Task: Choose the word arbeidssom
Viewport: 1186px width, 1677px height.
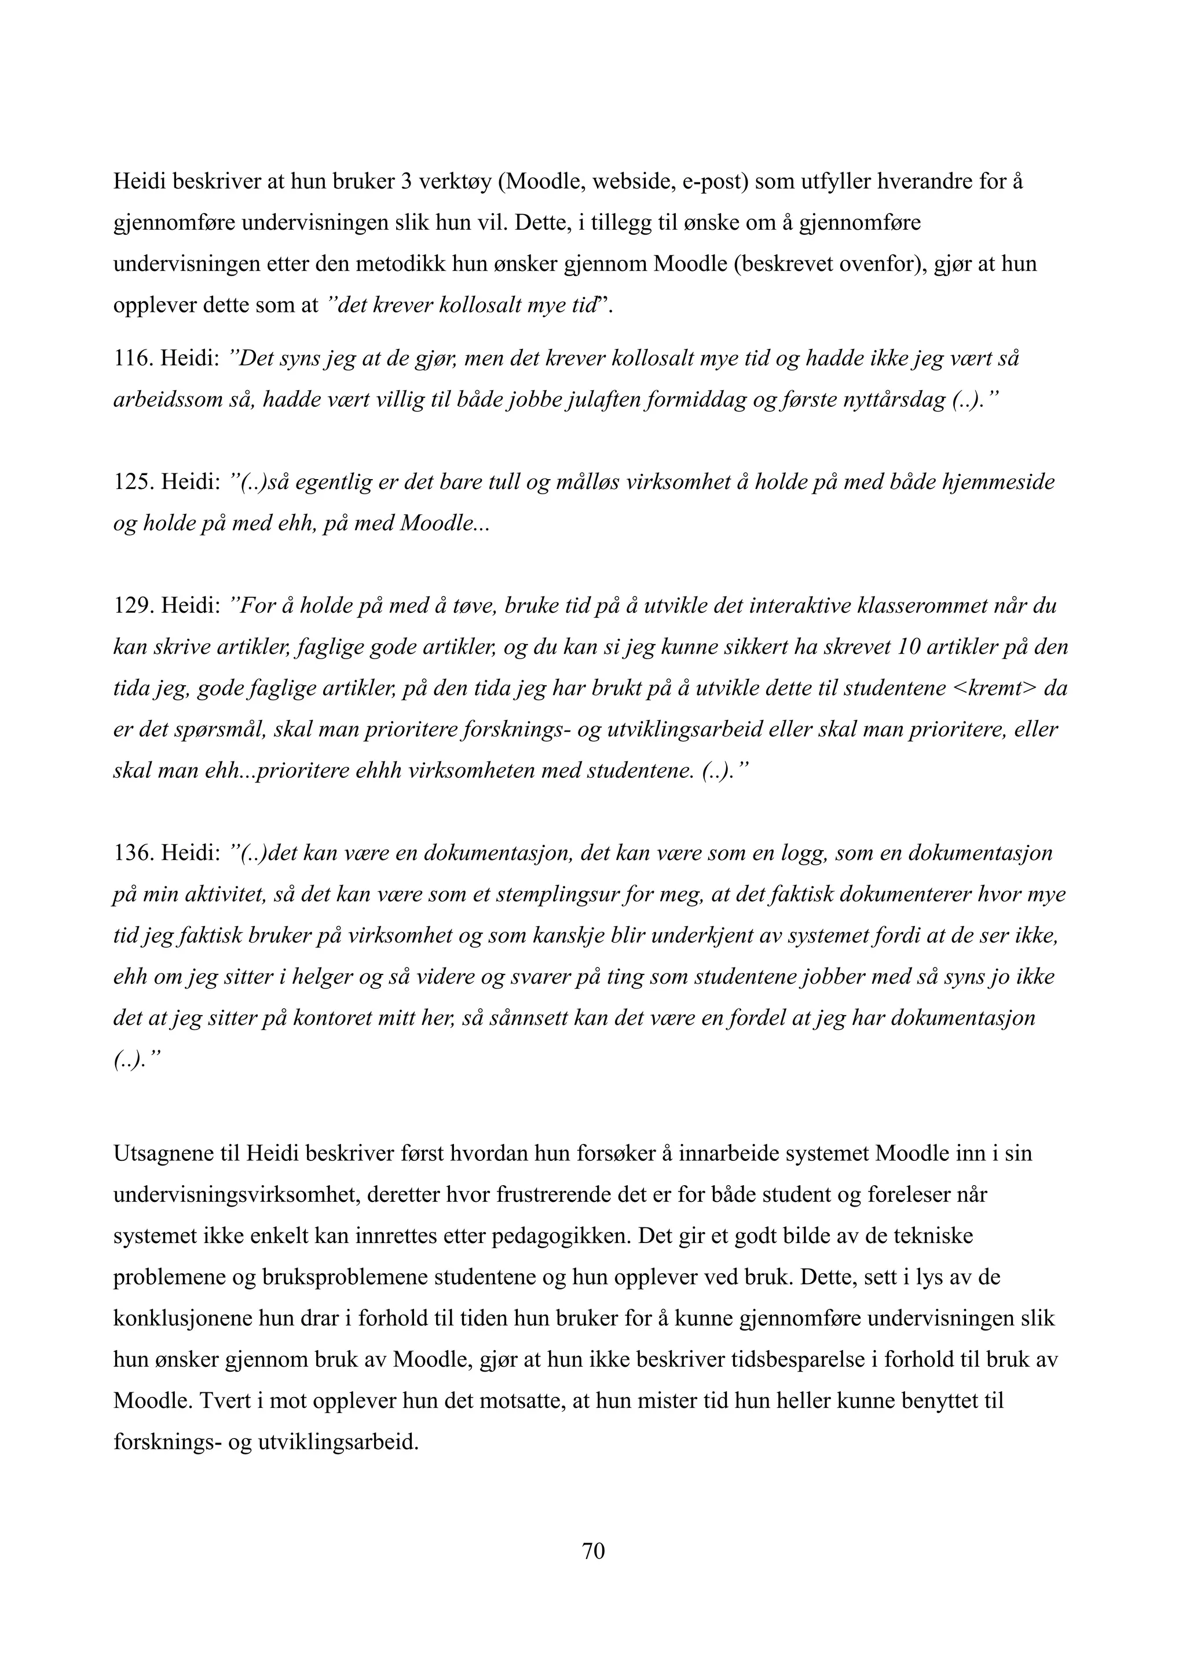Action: pyautogui.click(x=173, y=400)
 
